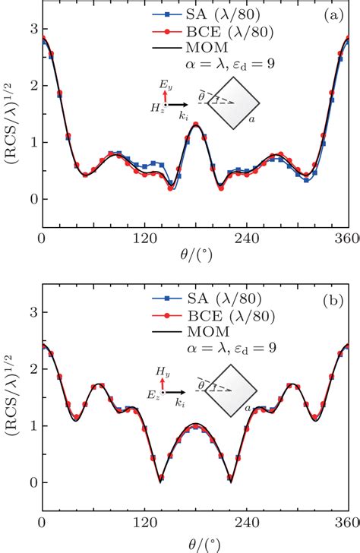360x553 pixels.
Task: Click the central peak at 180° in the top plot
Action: click(x=196, y=125)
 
